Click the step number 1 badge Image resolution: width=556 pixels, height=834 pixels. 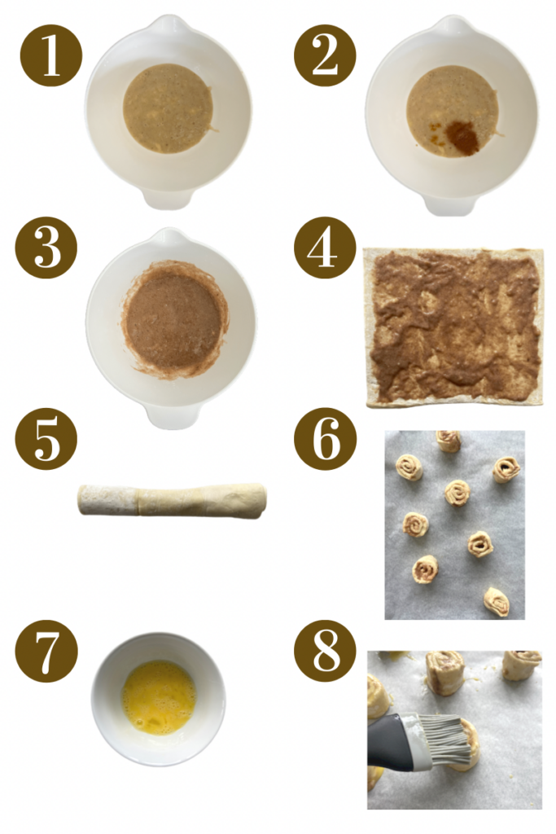point(51,55)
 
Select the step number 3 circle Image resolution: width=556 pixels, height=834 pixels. point(46,247)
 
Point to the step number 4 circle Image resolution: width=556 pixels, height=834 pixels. point(325,247)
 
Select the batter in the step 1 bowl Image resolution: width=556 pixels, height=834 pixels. point(168,108)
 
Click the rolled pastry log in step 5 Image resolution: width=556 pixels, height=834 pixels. point(172,499)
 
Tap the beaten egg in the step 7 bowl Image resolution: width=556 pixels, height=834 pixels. point(158,697)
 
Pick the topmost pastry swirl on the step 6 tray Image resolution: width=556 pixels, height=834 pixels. point(448,441)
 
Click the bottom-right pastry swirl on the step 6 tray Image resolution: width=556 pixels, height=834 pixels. point(495,601)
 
